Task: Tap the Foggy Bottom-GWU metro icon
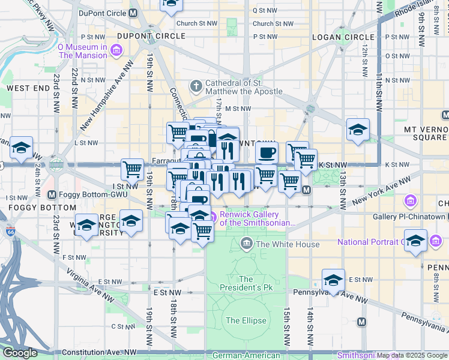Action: click(x=52, y=194)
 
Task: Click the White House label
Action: click(x=288, y=244)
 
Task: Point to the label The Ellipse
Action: click(x=246, y=320)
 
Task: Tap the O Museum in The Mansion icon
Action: click(x=114, y=51)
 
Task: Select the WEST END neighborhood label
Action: click(x=28, y=88)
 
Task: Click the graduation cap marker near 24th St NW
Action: click(x=21, y=148)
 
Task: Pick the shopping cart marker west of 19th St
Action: click(x=132, y=169)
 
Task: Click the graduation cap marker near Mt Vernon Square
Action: click(x=358, y=130)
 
